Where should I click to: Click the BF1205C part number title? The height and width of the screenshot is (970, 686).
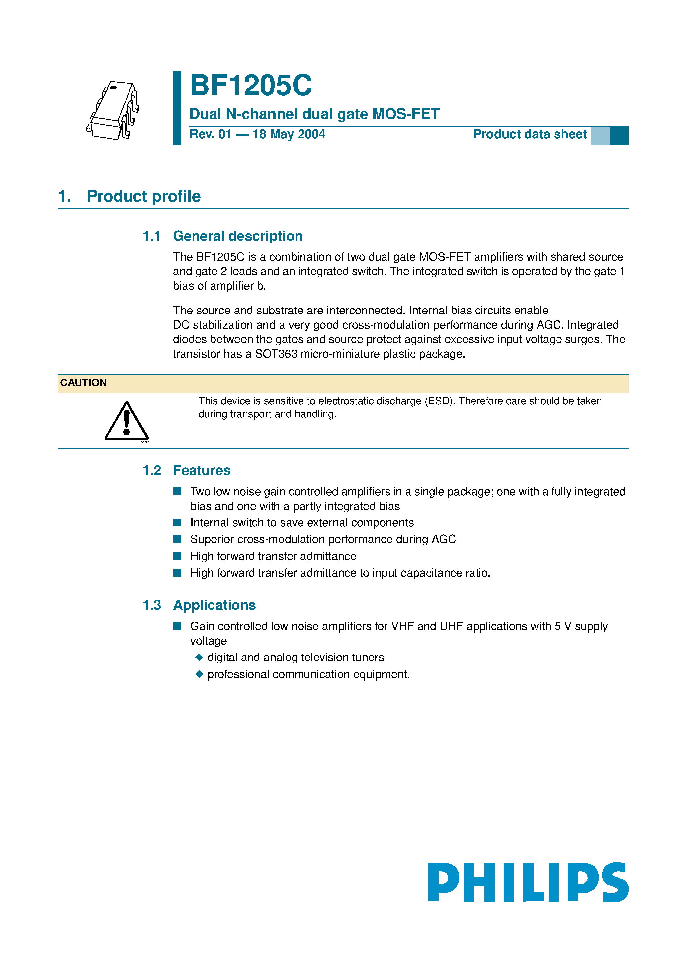tap(251, 85)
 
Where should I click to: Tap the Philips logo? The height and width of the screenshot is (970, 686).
tap(528, 882)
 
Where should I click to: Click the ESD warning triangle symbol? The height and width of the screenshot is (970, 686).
tap(127, 421)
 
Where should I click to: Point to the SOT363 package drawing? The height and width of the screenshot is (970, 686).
tap(113, 111)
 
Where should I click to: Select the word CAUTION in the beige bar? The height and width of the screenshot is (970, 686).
tap(83, 383)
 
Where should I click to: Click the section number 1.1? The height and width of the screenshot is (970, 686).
tap(151, 236)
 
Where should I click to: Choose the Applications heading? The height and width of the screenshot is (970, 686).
tap(214, 605)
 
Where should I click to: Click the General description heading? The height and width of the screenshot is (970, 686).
tap(238, 236)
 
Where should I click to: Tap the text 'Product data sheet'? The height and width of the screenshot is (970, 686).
tap(530, 134)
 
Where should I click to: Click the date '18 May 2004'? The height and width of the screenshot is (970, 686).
tap(289, 134)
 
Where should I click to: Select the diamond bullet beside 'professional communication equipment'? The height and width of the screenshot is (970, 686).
tap(199, 674)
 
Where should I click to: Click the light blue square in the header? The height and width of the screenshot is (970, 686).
tap(600, 136)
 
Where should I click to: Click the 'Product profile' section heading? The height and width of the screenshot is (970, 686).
tap(143, 196)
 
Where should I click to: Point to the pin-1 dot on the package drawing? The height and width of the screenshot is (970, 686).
tap(113, 88)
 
